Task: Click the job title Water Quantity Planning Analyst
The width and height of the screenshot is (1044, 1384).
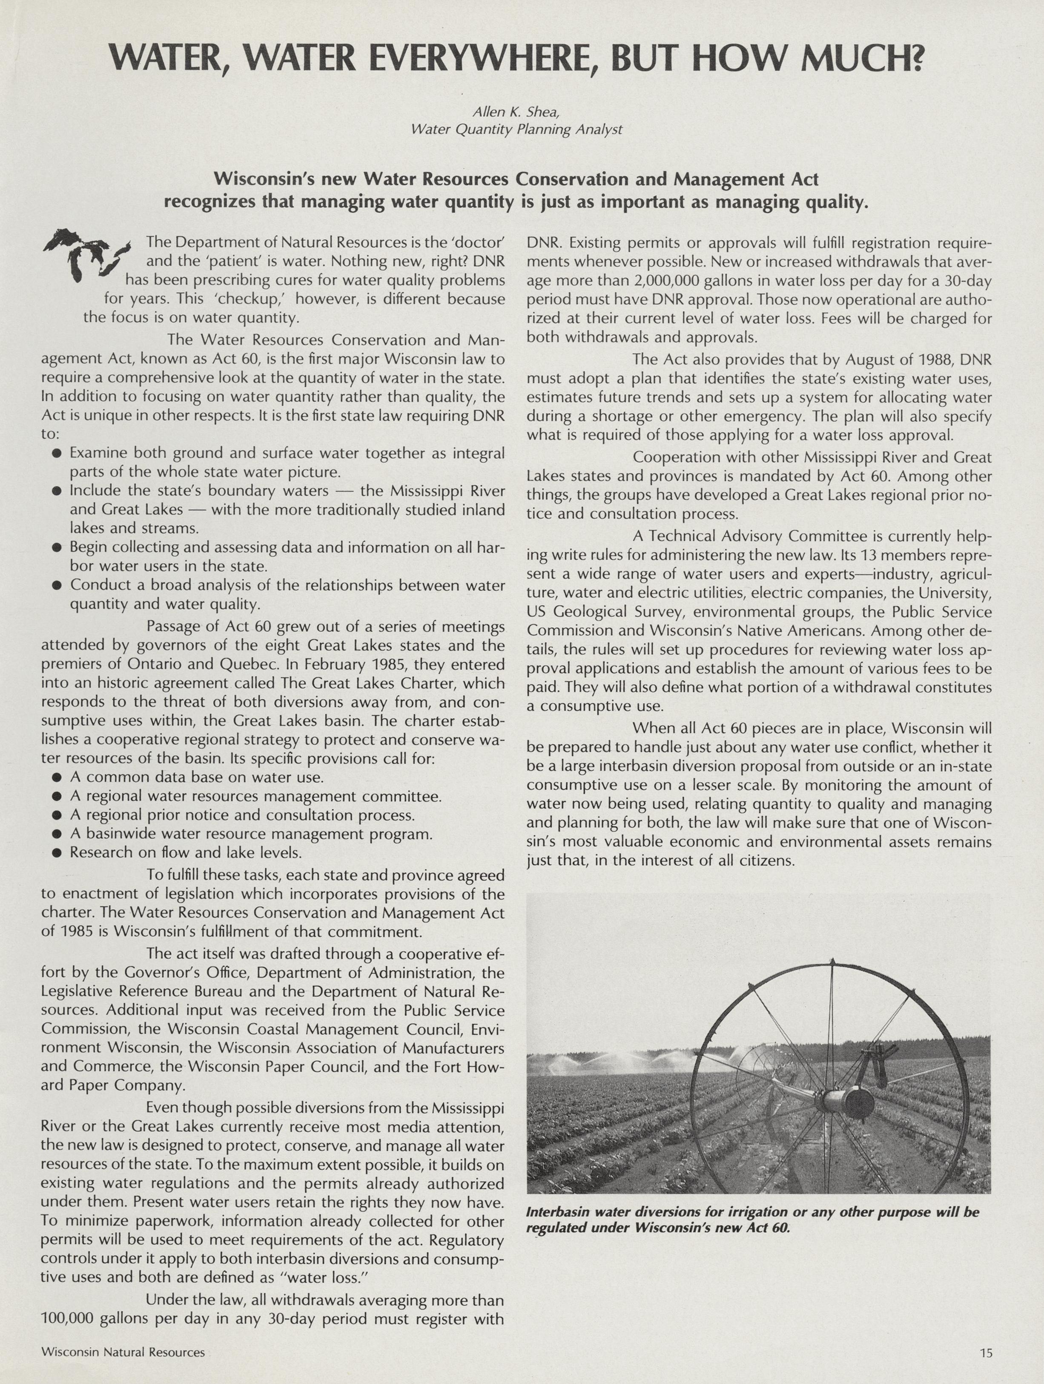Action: tap(516, 129)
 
